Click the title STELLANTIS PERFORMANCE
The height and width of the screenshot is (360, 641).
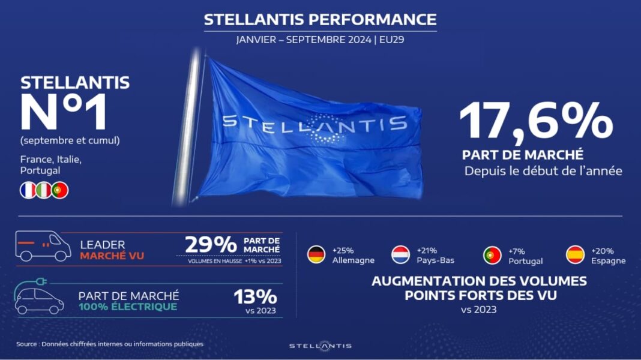point(320,20)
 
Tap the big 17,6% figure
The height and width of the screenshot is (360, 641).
point(537,122)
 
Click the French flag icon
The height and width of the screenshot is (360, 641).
point(28,190)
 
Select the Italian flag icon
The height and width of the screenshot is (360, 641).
point(44,190)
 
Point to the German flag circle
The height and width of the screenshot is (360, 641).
point(316,254)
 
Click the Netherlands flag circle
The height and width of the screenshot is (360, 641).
point(400,254)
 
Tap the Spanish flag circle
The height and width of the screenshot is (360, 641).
point(575,254)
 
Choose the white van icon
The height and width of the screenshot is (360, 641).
point(43,246)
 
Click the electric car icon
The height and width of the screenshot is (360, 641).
point(39,296)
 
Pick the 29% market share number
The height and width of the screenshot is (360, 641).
point(211,245)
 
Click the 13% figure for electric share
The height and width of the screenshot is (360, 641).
point(255,296)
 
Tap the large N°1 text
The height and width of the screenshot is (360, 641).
point(64,112)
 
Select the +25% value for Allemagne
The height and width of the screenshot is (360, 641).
point(343,250)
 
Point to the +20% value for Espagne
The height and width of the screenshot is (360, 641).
point(602,250)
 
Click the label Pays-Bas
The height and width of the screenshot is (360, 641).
point(435,260)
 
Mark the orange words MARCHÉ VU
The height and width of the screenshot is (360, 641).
point(112,256)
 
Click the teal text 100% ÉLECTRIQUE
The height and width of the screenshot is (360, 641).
point(128,307)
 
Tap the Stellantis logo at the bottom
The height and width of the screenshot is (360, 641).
point(320,346)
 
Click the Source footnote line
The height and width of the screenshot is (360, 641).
point(110,344)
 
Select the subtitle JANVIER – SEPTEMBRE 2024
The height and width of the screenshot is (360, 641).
point(304,40)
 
